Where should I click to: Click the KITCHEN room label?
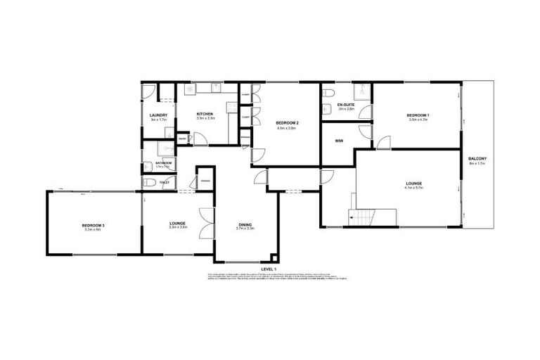(x=205, y=114)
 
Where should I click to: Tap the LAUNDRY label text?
(x=157, y=115)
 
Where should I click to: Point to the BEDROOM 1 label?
(x=418, y=115)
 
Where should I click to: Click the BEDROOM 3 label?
(x=93, y=224)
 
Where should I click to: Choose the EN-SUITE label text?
(x=345, y=105)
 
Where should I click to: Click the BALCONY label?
(x=478, y=159)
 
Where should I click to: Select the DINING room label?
(x=245, y=224)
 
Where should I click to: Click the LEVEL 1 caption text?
(x=269, y=269)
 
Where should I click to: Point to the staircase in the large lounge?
(x=364, y=217)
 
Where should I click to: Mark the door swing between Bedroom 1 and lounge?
(x=384, y=143)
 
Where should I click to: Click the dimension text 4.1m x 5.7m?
(x=418, y=188)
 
